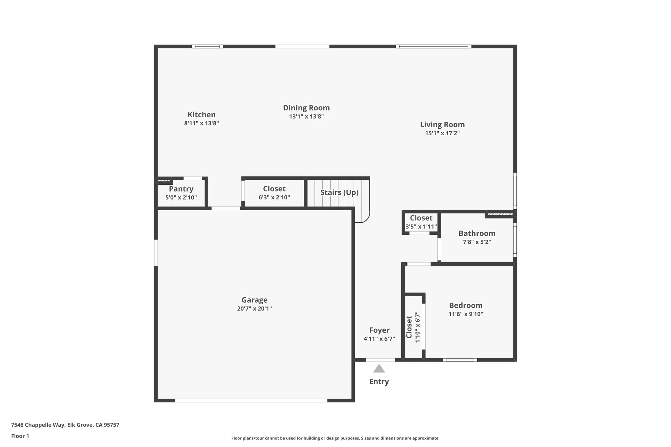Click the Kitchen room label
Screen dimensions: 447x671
coord(201,115)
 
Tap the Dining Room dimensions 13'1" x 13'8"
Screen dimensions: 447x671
coord(306,117)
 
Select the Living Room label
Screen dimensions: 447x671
coord(442,124)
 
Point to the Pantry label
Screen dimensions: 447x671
coord(181,189)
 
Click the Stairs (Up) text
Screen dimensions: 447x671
coord(339,193)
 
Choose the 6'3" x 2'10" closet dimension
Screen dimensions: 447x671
coord(274,197)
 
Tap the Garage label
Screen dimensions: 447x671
coord(254,300)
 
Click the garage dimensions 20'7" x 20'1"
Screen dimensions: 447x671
coord(254,308)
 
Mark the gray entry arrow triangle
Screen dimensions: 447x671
coord(379,369)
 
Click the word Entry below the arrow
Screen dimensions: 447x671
coord(379,382)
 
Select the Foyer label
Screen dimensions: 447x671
coord(379,330)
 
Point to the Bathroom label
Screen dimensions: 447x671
coord(477,233)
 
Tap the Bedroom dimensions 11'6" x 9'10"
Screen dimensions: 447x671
coord(466,314)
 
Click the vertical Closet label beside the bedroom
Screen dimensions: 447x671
coord(409,327)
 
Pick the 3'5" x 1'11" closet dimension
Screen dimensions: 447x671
coord(421,227)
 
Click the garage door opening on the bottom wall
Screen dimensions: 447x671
coord(251,400)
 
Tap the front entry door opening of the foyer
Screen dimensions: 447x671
coord(380,360)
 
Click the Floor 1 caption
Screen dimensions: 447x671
coord(20,436)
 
